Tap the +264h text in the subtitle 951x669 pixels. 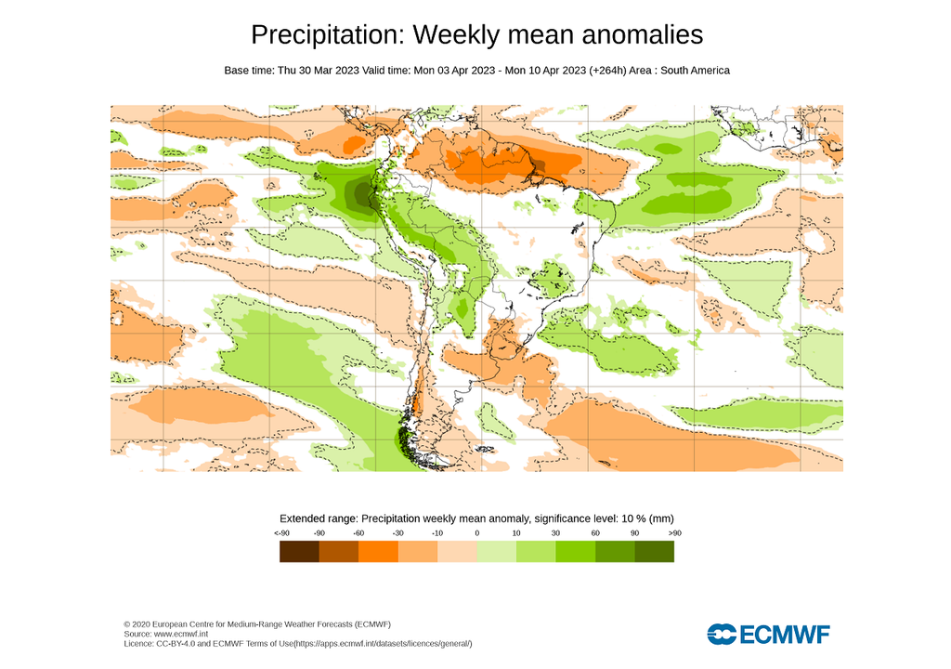[x=610, y=71]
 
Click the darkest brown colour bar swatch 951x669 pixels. [x=299, y=552]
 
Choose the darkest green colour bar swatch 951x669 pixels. [x=654, y=552]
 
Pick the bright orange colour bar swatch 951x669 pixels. [x=378, y=552]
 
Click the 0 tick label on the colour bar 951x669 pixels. [x=476, y=532]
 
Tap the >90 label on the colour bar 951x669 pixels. [x=673, y=532]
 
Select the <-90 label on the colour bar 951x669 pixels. [x=280, y=532]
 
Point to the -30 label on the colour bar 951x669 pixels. [x=397, y=532]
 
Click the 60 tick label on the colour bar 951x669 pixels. [x=594, y=532]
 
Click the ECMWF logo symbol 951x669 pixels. [x=721, y=635]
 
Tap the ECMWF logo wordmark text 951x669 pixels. [x=785, y=635]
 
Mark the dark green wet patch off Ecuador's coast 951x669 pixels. [x=358, y=194]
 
